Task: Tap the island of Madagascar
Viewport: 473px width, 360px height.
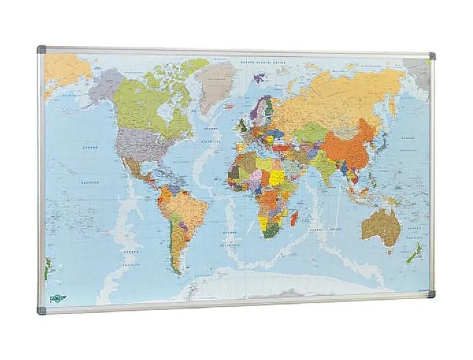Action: [x=294, y=218]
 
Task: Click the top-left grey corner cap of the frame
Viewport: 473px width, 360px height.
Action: [x=42, y=50]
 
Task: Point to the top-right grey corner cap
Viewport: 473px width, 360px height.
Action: [x=432, y=55]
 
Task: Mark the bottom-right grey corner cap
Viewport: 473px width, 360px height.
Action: [x=431, y=294]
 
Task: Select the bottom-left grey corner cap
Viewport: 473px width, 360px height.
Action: [x=41, y=311]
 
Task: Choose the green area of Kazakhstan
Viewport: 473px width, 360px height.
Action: [x=309, y=132]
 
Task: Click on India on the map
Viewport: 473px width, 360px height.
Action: [x=323, y=165]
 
